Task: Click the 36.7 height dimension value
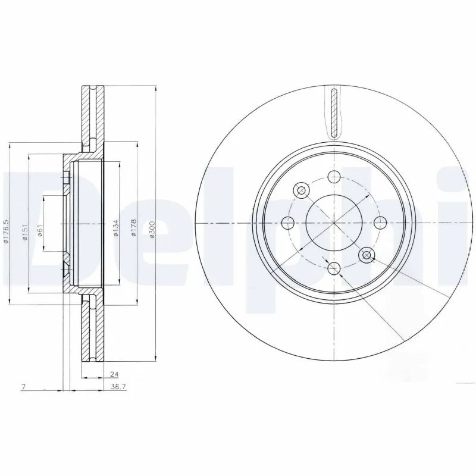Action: (119, 387)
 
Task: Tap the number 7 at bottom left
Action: (22, 387)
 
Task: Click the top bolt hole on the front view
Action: (334, 177)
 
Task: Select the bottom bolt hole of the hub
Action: (334, 269)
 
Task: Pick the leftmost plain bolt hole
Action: (289, 223)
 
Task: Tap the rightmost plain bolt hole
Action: (380, 223)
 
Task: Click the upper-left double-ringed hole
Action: (301, 190)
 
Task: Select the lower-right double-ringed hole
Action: (367, 255)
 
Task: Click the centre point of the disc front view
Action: (334, 223)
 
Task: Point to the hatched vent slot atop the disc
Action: (334, 112)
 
